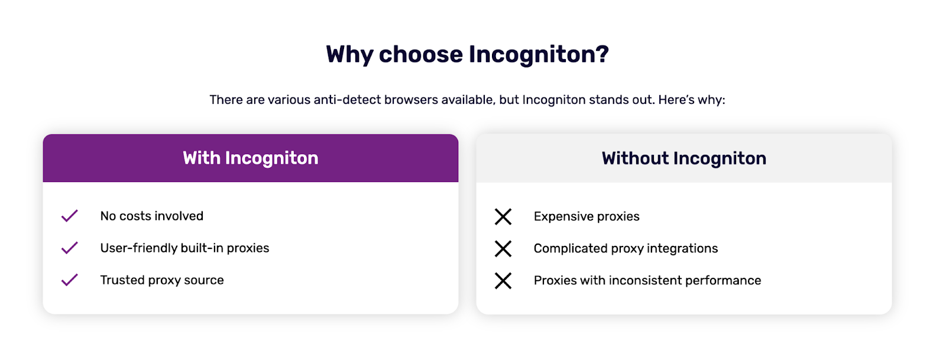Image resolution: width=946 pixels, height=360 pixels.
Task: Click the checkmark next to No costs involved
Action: (70, 216)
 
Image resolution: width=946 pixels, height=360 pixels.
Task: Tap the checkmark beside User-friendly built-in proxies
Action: (70, 248)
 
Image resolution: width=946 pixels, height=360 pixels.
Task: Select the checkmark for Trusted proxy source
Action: (70, 280)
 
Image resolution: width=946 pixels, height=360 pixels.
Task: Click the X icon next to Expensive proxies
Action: (503, 216)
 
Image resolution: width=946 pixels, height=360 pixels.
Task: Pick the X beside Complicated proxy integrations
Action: (503, 248)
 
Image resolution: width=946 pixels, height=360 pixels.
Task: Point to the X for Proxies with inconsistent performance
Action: (503, 280)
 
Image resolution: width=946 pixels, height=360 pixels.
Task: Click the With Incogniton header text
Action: (250, 158)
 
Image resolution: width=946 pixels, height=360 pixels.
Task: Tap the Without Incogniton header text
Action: (683, 158)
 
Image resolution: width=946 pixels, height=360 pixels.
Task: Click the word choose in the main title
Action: (420, 54)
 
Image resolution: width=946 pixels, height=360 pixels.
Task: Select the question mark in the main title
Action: (602, 54)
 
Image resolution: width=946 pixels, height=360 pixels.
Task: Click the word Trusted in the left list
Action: (122, 280)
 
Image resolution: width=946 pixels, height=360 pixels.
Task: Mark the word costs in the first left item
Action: (135, 216)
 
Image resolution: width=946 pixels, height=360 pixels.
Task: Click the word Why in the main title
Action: (349, 54)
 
